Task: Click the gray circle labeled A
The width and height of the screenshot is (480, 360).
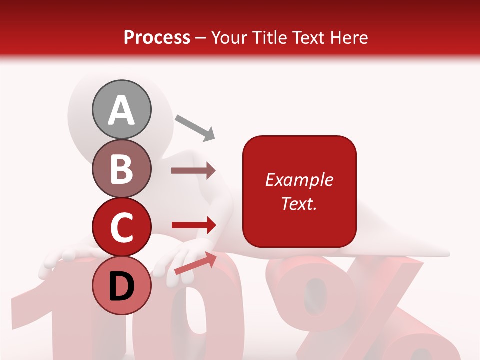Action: tap(121, 109)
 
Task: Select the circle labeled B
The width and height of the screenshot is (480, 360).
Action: tap(121, 168)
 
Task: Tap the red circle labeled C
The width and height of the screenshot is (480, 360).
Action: tap(121, 227)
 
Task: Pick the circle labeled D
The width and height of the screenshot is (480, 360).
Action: tap(121, 286)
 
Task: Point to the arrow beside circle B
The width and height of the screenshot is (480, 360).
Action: tap(193, 171)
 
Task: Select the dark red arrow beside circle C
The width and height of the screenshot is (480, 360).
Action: tap(193, 225)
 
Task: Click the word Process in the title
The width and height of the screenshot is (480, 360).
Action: tap(157, 37)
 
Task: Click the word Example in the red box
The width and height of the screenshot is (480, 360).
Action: tap(299, 180)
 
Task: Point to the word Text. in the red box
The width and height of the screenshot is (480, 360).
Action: tap(299, 203)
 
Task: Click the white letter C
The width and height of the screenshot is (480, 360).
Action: tap(121, 227)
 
